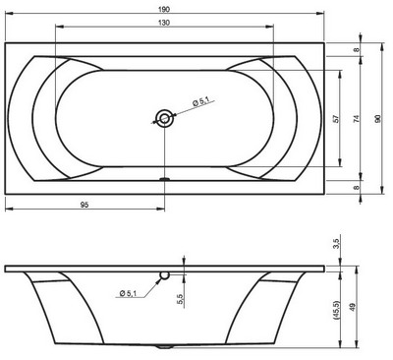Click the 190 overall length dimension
[x=164, y=9]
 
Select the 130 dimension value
[x=164, y=23]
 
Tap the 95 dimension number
[x=84, y=205]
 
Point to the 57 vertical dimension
[x=337, y=118]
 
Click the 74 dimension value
[x=357, y=118]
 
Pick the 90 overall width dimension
[x=378, y=118]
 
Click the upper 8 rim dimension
[x=357, y=49]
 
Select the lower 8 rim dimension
[x=357, y=188]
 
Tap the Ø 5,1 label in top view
[x=200, y=102]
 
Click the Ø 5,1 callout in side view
[x=128, y=293]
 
